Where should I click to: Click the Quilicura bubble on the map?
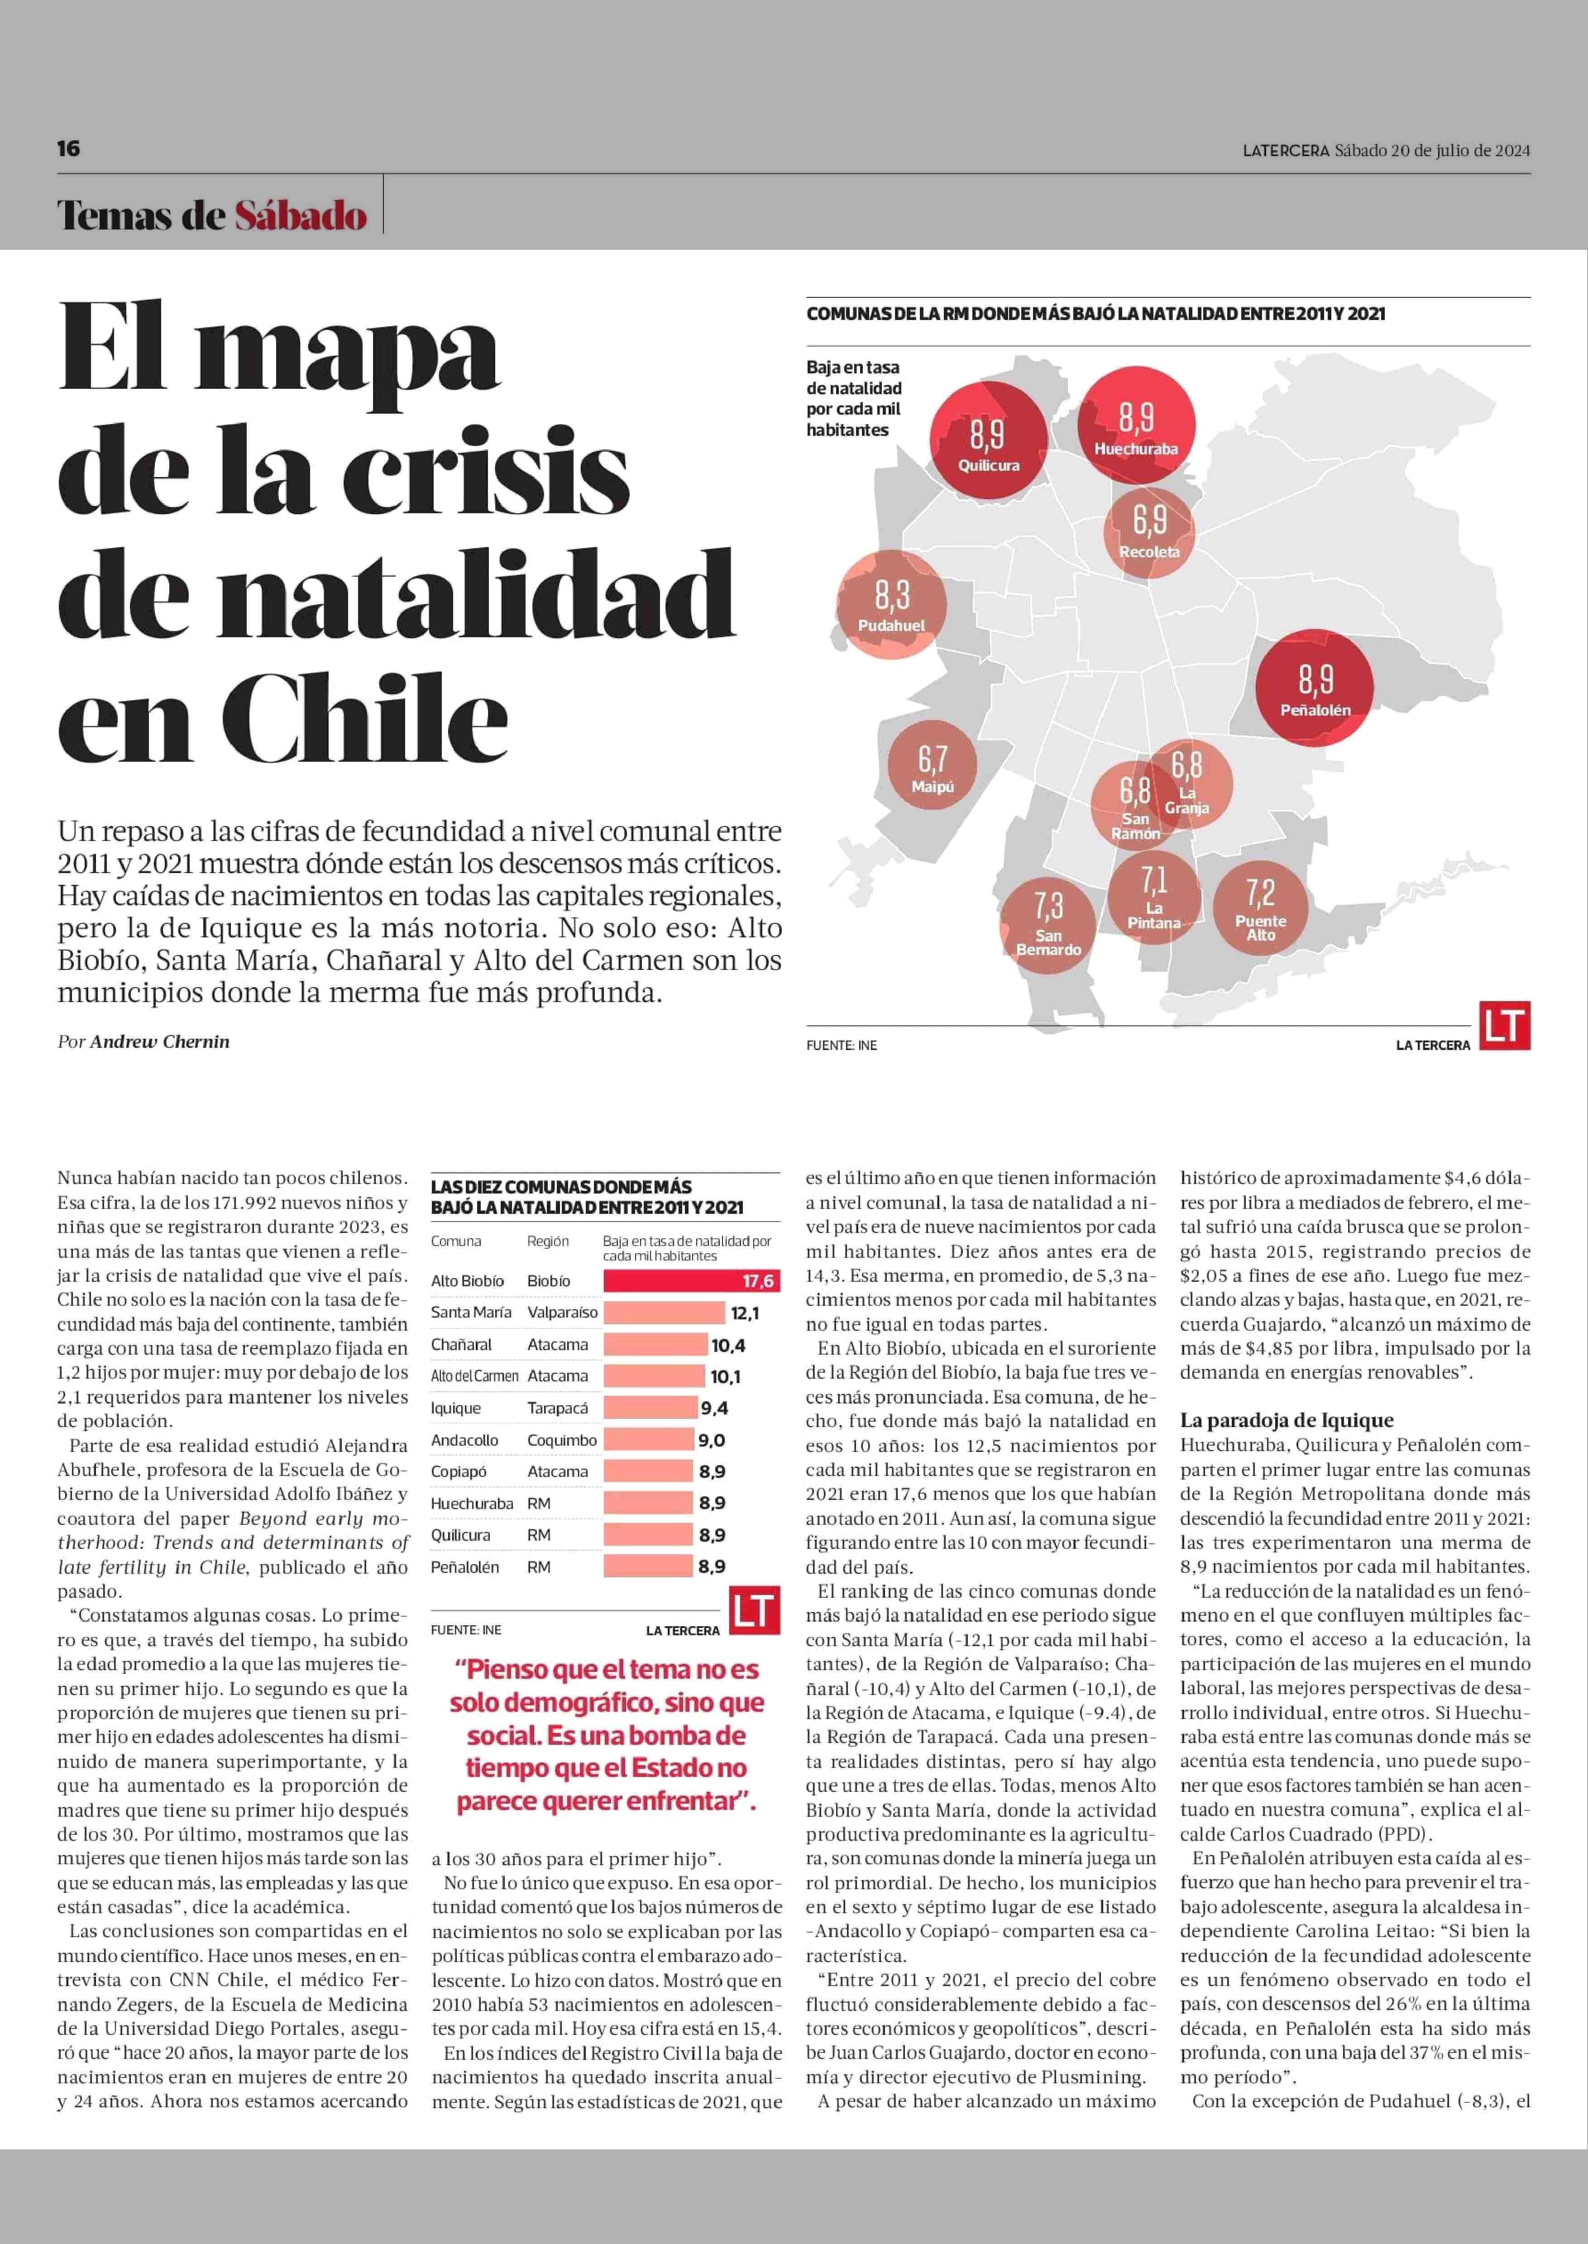coord(988,440)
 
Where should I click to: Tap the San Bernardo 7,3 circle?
coord(1048,925)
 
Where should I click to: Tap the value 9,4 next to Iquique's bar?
coord(714,1408)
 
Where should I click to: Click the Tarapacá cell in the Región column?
coord(557,1408)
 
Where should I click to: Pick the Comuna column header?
coord(456,1241)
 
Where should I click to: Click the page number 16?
coord(68,148)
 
